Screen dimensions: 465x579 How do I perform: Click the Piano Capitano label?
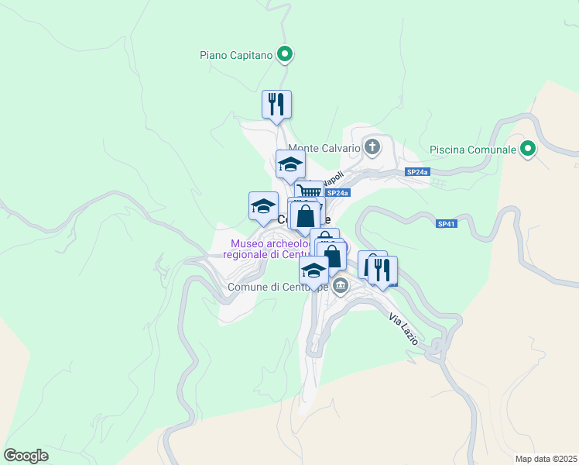[236, 55]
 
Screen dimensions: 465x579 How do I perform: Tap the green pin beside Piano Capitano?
[285, 54]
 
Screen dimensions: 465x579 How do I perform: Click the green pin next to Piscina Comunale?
[528, 148]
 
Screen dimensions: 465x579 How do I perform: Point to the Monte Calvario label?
[324, 148]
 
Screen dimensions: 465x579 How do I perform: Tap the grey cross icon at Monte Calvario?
[372, 147]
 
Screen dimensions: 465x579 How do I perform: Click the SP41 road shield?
[444, 224]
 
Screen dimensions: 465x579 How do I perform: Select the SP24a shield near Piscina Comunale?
[416, 172]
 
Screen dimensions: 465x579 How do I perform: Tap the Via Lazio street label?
[403, 329]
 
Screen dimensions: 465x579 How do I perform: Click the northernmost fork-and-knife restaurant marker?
[276, 105]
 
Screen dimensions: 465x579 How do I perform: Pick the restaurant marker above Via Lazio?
[382, 270]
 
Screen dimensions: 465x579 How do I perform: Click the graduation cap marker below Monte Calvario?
[291, 164]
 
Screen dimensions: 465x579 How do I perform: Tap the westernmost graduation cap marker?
[263, 206]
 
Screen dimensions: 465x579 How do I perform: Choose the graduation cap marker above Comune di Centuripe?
[313, 270]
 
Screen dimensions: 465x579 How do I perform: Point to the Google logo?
[26, 456]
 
